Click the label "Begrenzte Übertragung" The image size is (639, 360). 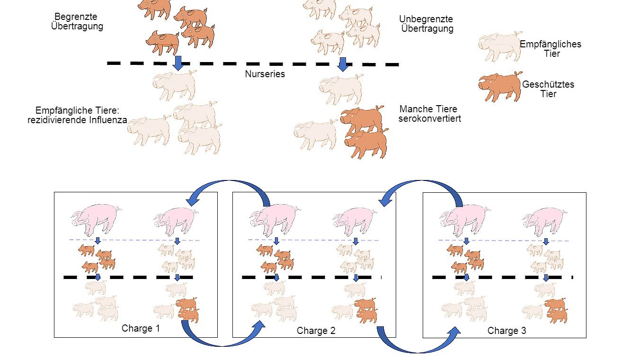pos(77,22)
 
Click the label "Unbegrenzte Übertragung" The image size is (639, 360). pos(426,24)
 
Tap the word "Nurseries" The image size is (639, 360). pos(265,74)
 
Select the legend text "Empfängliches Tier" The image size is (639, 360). pos(551,49)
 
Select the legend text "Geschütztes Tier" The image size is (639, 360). pos(548,89)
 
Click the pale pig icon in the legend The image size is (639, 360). pos(500,46)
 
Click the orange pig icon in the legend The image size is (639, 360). pos(500,87)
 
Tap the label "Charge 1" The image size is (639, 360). pos(141,328)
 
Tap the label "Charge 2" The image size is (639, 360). pos(316,331)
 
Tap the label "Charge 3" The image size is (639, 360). pos(506,331)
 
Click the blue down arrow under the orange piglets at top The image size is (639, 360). pos(177,63)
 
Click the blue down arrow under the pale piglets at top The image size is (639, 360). pos(343,64)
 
